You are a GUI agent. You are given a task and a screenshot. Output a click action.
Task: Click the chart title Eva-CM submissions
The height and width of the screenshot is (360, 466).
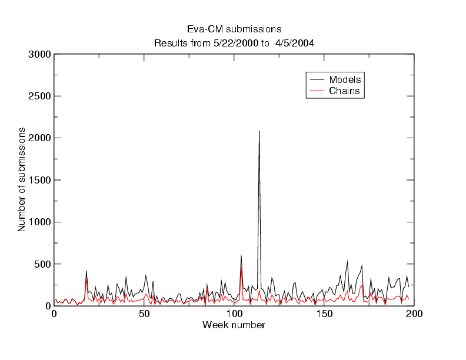click(x=234, y=29)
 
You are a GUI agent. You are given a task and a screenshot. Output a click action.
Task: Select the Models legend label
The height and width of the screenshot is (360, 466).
click(x=345, y=79)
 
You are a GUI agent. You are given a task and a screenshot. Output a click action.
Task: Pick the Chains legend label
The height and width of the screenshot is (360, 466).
click(x=344, y=91)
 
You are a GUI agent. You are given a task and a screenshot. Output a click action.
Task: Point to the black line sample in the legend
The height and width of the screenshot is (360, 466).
click(x=317, y=79)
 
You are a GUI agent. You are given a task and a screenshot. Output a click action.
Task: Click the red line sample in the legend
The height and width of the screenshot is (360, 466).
click(x=317, y=91)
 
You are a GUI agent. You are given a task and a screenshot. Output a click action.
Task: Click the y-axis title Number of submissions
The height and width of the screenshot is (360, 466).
click(x=22, y=179)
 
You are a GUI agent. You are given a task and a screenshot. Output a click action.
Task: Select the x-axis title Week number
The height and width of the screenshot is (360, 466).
click(x=234, y=325)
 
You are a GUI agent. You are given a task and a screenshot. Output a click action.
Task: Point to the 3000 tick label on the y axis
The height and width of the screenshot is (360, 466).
click(x=39, y=55)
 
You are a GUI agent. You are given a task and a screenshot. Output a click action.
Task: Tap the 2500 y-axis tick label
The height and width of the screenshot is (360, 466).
click(x=39, y=96)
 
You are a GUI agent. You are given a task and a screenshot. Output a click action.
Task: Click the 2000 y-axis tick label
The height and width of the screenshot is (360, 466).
click(x=39, y=138)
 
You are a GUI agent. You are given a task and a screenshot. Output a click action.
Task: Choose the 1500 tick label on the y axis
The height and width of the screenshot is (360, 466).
click(x=39, y=181)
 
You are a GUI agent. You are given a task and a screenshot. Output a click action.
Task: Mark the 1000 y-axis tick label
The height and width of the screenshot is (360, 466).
click(x=39, y=222)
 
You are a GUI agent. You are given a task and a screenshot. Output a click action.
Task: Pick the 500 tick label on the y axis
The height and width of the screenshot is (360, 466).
click(x=42, y=264)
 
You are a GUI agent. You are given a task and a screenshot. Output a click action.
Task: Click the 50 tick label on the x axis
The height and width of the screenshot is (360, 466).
click(x=144, y=314)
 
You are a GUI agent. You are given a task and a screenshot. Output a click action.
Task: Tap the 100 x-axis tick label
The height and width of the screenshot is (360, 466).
click(x=234, y=314)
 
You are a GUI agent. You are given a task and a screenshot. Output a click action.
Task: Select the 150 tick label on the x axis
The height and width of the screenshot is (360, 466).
click(x=324, y=314)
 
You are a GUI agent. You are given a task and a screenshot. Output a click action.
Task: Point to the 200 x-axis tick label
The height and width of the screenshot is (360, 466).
click(x=414, y=314)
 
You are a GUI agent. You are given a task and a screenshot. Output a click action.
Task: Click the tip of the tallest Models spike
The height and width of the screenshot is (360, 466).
click(x=259, y=131)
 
